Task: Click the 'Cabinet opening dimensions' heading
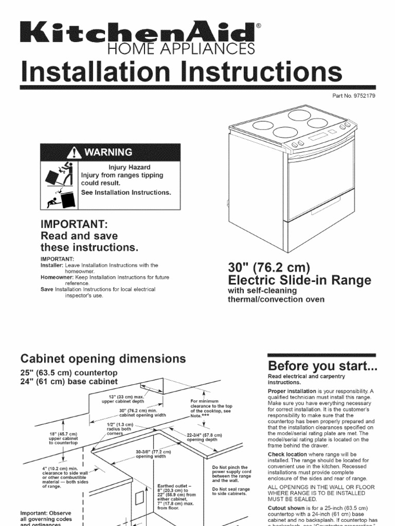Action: [103, 358]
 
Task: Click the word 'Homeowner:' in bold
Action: [58, 277]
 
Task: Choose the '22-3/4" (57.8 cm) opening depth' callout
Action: [204, 437]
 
